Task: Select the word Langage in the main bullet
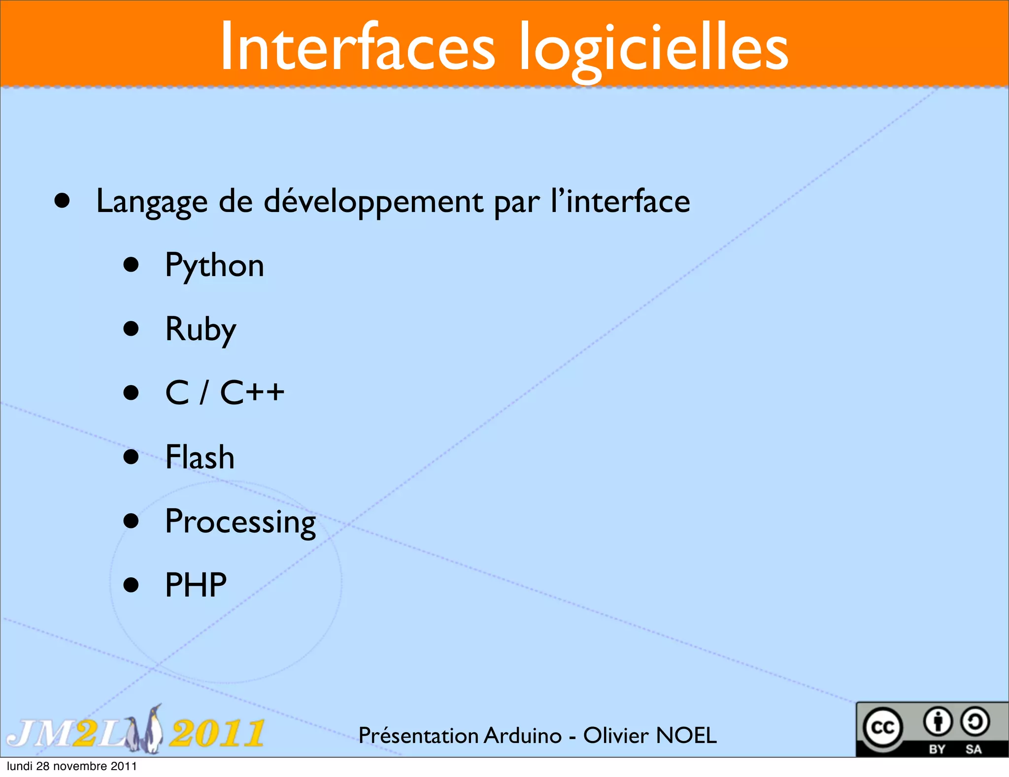[152, 202]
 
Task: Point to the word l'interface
[620, 201]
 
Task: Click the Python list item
[214, 266]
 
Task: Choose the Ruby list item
[201, 329]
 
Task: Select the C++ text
[252, 393]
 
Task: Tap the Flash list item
[200, 457]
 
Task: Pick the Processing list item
[240, 522]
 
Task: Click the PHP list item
[196, 585]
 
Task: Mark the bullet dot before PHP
[131, 585]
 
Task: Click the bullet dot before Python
[131, 265]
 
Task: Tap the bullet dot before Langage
[62, 201]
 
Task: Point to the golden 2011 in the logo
[217, 734]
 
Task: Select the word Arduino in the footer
[523, 736]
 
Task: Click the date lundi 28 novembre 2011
[72, 766]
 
